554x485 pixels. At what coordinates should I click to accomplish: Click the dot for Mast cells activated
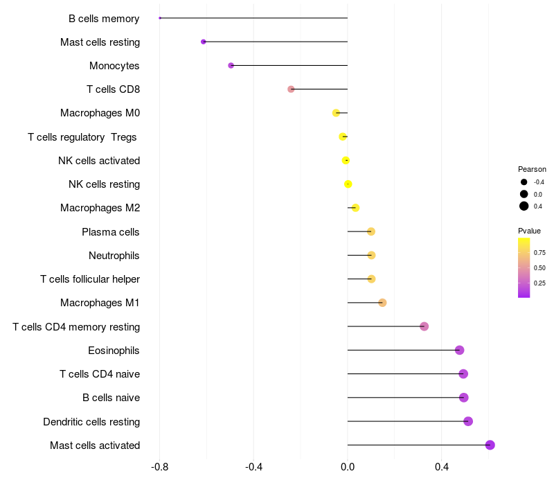490,445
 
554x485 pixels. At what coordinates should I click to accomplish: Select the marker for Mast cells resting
203,42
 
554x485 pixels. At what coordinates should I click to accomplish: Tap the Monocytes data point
231,65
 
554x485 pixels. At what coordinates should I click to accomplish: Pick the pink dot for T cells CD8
291,89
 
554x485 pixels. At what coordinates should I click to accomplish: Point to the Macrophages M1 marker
382,303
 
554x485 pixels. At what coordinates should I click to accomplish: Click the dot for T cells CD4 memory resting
425,326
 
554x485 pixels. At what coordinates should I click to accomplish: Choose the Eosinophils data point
459,351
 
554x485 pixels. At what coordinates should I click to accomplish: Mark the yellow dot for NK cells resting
348,184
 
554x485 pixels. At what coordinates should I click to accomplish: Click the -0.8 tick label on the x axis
159,467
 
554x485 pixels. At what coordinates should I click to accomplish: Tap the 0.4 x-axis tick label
442,467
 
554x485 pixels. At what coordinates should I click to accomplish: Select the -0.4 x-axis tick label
253,467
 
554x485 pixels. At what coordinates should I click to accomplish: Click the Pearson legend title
532,169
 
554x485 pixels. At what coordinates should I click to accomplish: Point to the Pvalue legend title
529,231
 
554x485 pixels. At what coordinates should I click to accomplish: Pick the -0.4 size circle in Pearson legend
524,182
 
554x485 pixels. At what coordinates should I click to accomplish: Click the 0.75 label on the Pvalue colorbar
539,253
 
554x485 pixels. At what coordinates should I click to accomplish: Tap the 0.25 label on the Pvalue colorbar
539,283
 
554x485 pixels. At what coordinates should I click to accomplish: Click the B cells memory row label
104,19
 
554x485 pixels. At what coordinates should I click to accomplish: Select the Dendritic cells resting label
91,422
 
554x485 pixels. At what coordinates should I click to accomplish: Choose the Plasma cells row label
111,232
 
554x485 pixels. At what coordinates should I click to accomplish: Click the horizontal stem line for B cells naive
406,397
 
